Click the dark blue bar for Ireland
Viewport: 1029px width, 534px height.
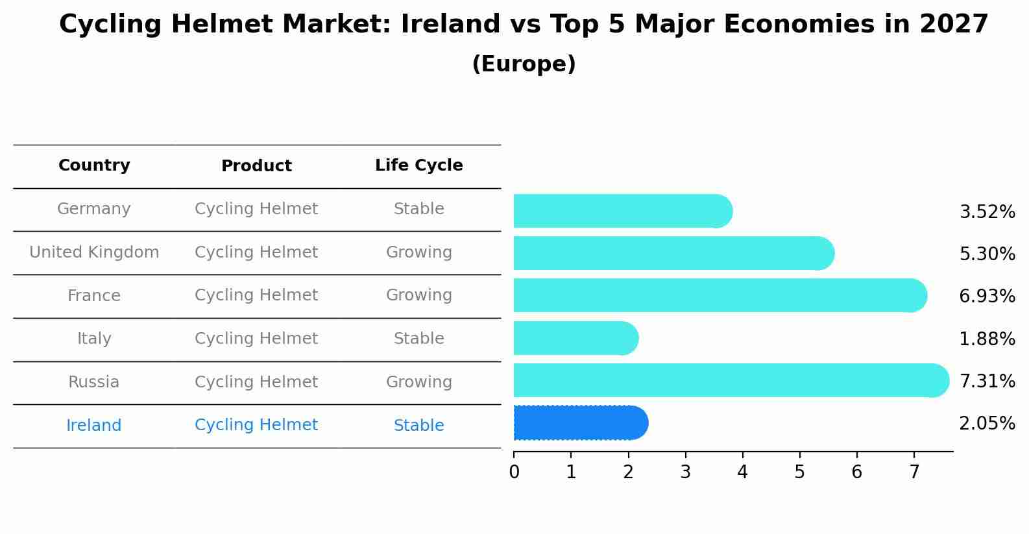pos(580,423)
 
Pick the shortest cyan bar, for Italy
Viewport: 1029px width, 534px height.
pos(575,338)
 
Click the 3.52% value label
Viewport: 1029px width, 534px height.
pos(986,212)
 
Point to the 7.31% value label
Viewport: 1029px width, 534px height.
pos(986,381)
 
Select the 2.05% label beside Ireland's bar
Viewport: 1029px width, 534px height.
pos(986,424)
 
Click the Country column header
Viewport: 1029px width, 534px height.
pos(94,165)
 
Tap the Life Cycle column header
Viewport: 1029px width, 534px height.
pos(418,165)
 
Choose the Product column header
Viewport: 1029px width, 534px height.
pos(256,166)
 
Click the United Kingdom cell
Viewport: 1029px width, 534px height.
pos(94,252)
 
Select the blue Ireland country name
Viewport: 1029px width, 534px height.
pos(94,426)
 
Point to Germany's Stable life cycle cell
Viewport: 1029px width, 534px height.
pos(418,209)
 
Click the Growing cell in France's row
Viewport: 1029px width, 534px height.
pos(418,295)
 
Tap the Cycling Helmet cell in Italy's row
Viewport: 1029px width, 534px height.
pos(256,339)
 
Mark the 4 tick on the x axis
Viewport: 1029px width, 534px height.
pos(742,472)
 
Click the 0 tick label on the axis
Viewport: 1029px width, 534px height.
pos(514,472)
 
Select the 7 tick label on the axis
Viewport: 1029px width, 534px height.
pos(914,472)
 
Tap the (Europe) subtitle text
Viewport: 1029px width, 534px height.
pos(524,64)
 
